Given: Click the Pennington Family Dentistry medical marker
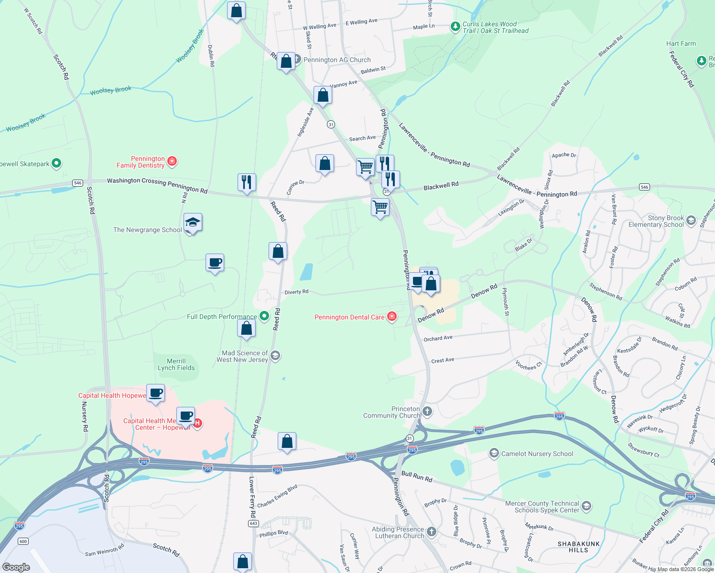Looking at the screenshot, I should (x=173, y=162).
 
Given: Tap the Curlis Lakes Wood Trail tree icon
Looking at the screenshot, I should (x=455, y=27).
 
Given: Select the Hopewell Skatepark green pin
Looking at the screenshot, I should (x=56, y=164).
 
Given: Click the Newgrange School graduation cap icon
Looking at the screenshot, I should (x=193, y=223).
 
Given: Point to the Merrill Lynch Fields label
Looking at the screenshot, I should (x=176, y=365).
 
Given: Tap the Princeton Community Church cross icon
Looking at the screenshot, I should (x=427, y=412).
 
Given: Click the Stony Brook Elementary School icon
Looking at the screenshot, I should (x=691, y=221).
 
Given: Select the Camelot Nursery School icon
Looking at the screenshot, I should (x=494, y=453).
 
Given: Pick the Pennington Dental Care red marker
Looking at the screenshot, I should (x=392, y=317).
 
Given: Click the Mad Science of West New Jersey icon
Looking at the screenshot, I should (x=275, y=356).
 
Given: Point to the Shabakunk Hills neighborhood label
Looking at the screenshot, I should (x=578, y=547).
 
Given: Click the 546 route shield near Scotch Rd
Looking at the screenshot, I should (x=77, y=183).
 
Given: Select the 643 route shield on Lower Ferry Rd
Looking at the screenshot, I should (x=253, y=523).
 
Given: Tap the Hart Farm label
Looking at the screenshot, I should (x=681, y=43).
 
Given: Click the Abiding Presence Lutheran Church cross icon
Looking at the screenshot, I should (x=431, y=532).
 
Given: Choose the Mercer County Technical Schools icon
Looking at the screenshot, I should (x=586, y=506).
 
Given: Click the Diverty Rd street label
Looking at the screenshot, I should (x=296, y=292).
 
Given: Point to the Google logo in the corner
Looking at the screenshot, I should (x=16, y=567).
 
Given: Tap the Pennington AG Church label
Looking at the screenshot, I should (x=337, y=60).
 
